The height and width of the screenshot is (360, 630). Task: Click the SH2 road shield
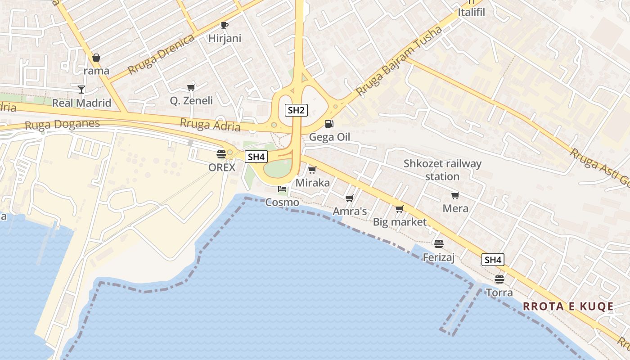[296, 110]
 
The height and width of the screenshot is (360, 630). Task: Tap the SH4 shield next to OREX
[256, 157]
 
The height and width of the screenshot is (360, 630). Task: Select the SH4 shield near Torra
[493, 260]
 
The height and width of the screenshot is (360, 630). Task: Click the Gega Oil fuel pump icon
[329, 124]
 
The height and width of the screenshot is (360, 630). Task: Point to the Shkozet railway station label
[442, 170]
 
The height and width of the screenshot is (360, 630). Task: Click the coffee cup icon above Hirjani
[224, 26]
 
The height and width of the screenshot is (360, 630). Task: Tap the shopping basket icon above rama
[96, 58]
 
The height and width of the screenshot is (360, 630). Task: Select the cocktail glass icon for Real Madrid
[81, 90]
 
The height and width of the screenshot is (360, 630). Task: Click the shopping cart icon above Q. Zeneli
[191, 87]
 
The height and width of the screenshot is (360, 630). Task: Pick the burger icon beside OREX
[221, 154]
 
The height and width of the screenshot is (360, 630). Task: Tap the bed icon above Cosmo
[282, 189]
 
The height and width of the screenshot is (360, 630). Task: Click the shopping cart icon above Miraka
[312, 170]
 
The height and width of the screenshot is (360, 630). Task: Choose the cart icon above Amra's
[349, 198]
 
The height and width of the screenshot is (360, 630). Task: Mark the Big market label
[400, 222]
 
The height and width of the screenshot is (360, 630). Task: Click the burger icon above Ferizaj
[439, 244]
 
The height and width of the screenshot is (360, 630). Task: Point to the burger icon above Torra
[499, 279]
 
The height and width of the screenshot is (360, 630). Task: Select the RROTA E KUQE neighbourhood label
[568, 306]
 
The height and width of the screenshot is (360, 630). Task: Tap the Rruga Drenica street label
[161, 54]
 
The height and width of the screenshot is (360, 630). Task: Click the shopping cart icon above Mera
[455, 195]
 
